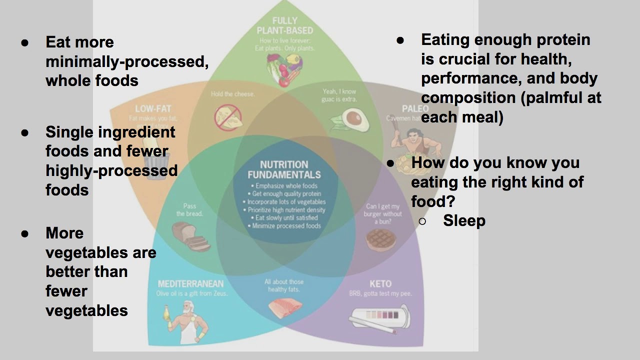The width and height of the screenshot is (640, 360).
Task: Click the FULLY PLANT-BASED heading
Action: coord(284,25)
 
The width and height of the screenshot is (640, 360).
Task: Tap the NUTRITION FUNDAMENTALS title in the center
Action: coord(284,169)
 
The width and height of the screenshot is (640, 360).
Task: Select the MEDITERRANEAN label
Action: coord(190,284)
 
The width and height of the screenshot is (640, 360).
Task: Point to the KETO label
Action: coord(380,284)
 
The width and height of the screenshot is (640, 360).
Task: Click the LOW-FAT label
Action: coord(151,109)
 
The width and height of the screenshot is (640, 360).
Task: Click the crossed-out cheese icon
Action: coord(228,117)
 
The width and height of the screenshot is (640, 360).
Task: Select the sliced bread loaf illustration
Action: coord(191,235)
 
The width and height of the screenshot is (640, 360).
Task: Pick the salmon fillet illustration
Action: coord(284,307)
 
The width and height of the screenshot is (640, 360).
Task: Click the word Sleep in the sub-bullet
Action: coord(464,220)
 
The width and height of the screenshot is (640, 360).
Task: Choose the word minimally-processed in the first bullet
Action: coord(127,61)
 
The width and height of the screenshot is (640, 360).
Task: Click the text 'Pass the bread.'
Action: coord(189,210)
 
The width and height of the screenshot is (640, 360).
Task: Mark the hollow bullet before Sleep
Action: coord(422,221)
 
